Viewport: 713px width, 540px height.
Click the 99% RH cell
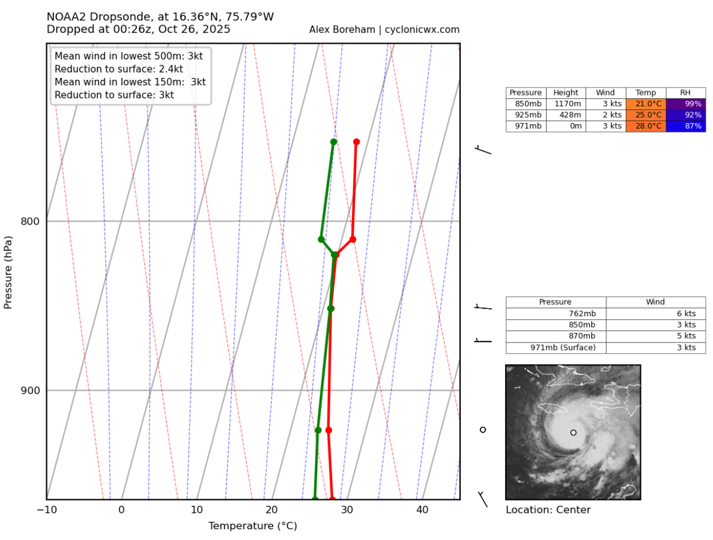[685, 104]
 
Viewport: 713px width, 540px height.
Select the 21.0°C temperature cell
[646, 104]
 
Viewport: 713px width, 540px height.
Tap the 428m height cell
[566, 115]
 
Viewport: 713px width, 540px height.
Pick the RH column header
[685, 93]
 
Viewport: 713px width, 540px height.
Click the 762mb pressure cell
[556, 313]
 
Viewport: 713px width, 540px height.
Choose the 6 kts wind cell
[655, 313]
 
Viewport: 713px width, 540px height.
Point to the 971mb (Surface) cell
[556, 347]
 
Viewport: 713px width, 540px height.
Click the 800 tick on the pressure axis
[30, 221]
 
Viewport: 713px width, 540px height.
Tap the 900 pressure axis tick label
[30, 391]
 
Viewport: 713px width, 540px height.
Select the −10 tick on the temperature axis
[46, 510]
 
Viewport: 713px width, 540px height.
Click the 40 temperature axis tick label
[422, 510]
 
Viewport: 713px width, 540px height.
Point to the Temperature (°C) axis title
[252, 526]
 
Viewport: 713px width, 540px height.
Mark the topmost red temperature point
[356, 142]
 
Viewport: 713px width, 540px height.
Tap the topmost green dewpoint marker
[333, 142]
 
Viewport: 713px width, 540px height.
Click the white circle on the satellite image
[573, 433]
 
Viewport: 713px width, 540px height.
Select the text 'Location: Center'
[548, 510]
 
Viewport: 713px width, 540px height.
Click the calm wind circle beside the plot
[482, 430]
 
